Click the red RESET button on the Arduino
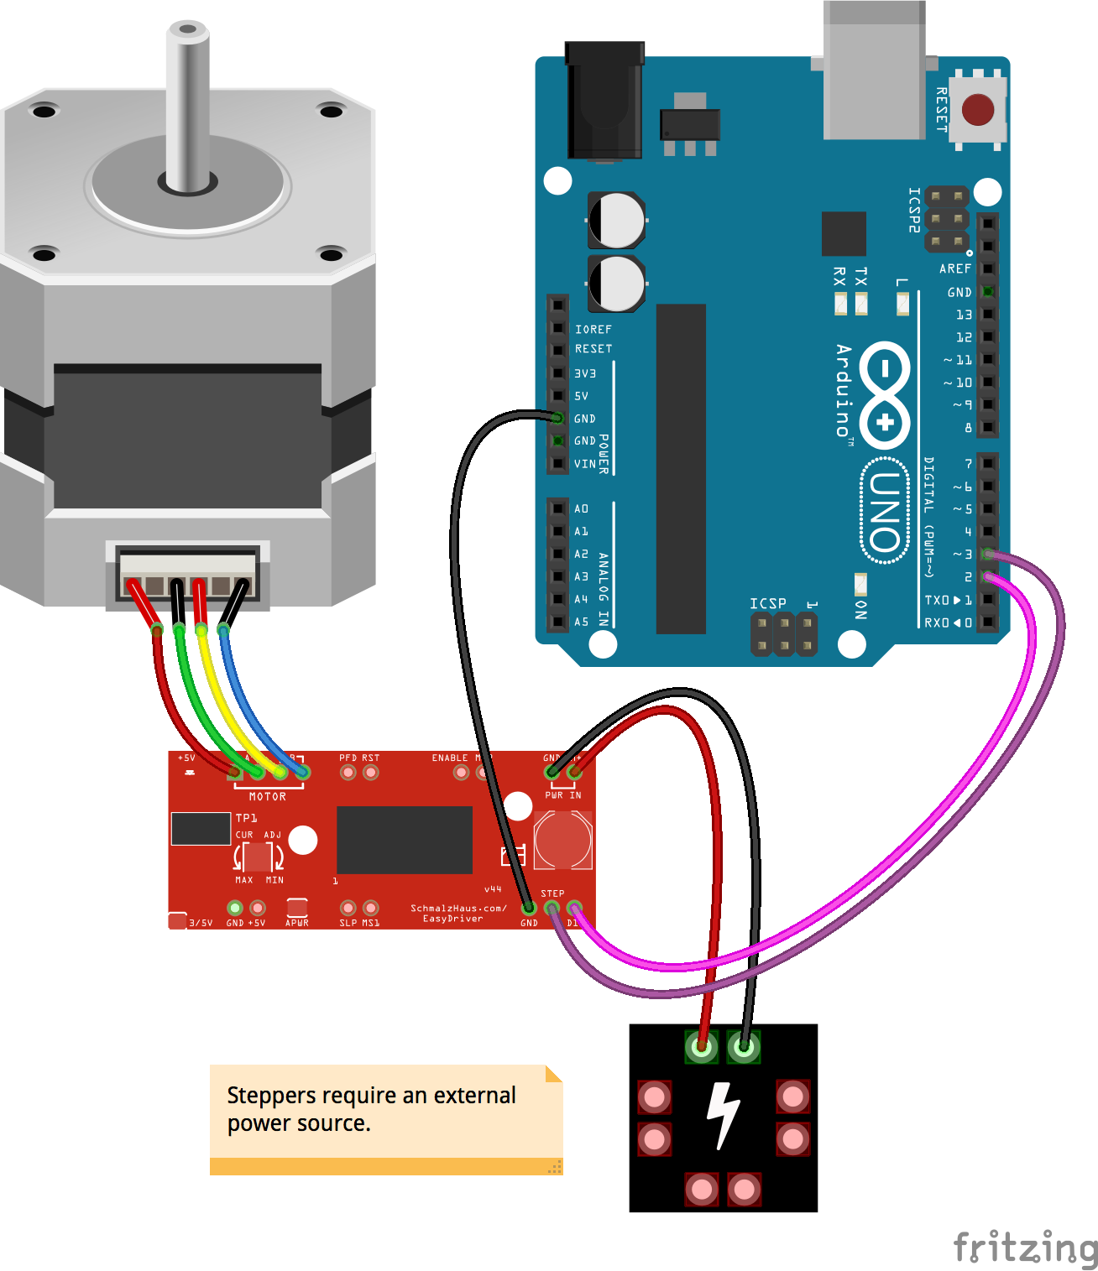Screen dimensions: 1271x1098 click(978, 110)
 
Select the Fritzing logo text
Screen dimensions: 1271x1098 click(1025, 1248)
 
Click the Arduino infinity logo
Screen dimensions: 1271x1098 click(885, 395)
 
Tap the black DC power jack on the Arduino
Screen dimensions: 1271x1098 click(604, 101)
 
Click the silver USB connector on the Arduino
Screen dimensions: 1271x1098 click(874, 71)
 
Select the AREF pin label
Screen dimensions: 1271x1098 click(955, 268)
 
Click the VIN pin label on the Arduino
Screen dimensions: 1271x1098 click(585, 464)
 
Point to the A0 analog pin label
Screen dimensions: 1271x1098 click(581, 508)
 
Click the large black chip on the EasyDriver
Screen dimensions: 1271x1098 click(405, 840)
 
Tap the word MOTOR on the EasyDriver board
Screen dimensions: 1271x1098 click(268, 796)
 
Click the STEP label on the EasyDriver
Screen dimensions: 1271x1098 click(552, 893)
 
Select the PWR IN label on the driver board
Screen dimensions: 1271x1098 click(563, 794)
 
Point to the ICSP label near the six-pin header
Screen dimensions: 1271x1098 click(768, 603)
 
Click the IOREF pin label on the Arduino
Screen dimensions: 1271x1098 click(593, 330)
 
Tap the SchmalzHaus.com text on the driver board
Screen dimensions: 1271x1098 click(458, 908)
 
